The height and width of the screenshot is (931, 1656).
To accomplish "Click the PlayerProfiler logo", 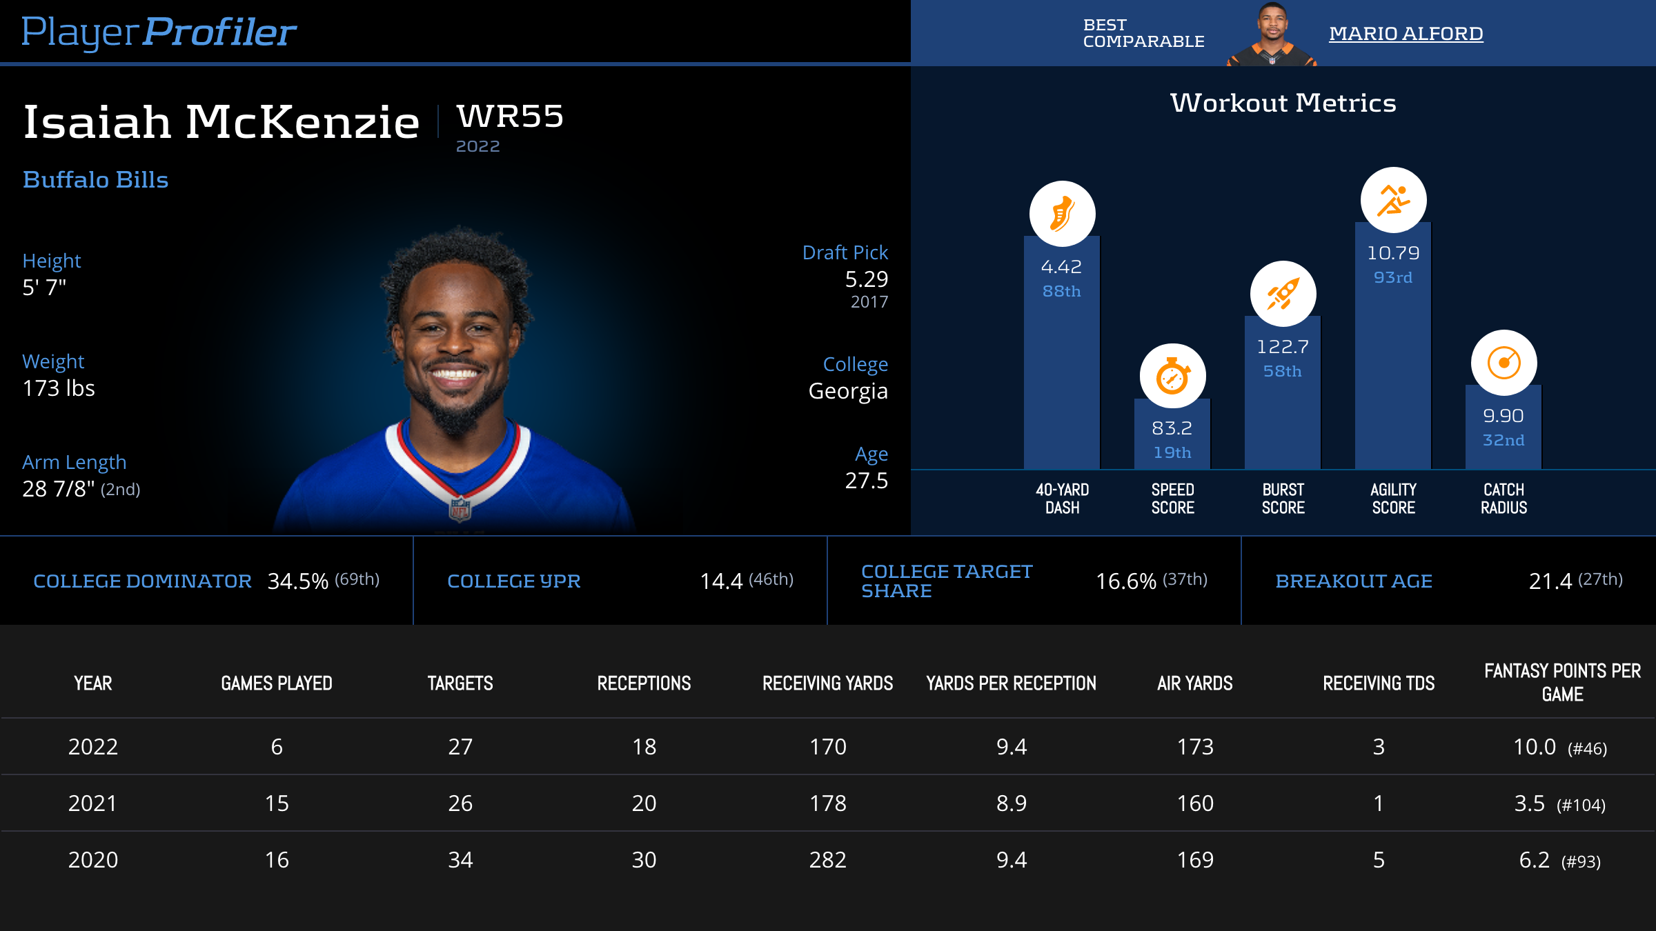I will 159,32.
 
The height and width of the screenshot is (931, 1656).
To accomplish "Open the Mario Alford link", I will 1406,33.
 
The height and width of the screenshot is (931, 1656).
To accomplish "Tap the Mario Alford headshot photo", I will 1272,34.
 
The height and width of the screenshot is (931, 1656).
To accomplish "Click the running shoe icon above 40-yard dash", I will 1062,214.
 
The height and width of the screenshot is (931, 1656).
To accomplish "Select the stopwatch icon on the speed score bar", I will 1172,377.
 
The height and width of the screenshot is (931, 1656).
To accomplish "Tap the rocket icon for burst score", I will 1283,294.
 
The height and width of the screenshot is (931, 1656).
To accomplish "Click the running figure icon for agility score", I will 1393,200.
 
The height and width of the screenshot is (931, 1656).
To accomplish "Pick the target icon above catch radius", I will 1504,363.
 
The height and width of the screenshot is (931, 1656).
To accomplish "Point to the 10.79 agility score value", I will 1393,253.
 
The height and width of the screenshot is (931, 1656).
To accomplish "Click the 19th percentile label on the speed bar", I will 1172,452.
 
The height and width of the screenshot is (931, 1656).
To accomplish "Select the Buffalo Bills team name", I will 95,180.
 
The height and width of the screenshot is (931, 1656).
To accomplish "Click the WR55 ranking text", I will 510,117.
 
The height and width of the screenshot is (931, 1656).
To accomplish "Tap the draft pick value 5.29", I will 866,279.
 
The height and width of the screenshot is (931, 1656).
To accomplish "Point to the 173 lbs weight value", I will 59,388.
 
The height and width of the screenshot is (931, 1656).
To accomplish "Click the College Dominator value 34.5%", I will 297,581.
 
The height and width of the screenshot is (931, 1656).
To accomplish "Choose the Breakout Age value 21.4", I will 1550,581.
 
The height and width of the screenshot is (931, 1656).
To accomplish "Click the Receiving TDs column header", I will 1378,683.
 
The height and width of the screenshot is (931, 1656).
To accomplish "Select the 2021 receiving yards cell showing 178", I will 827,803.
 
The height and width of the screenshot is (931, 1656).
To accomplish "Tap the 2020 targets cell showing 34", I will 460,860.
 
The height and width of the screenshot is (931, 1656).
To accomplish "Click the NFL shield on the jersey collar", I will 460,510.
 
